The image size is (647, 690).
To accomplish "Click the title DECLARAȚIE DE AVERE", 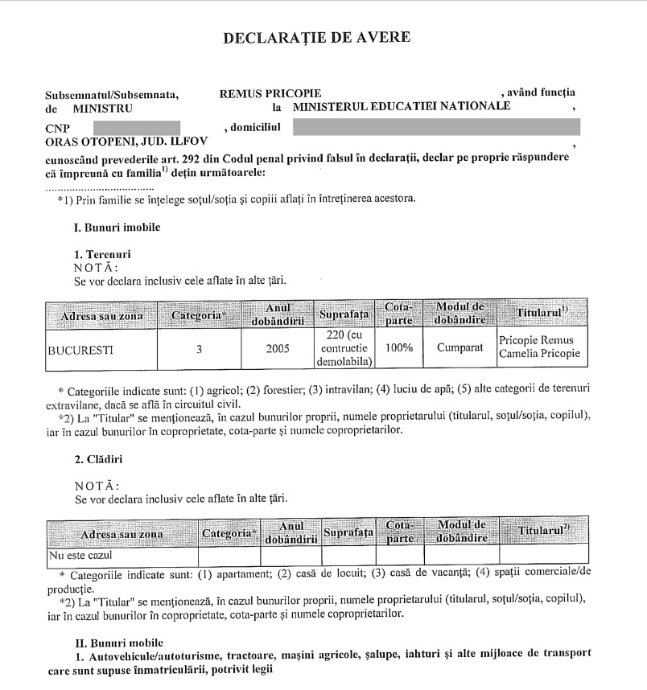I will click(x=316, y=37).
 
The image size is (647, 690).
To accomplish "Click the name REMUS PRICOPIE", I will click(x=270, y=93).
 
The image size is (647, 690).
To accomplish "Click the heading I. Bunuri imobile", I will click(x=117, y=227).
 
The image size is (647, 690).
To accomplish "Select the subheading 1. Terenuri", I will click(x=102, y=254).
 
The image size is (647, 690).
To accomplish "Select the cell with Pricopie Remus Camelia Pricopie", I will click(x=539, y=347).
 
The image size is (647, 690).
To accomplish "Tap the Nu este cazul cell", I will click(x=80, y=555).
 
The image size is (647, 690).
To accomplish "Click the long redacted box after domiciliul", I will click(x=435, y=127).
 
